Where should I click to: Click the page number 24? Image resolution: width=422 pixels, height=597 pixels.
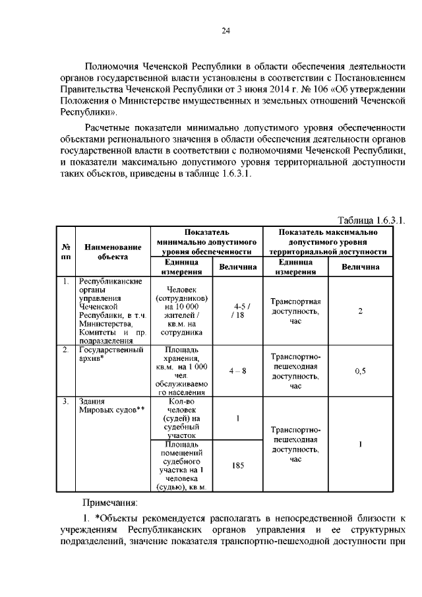pyautogui.click(x=225, y=31)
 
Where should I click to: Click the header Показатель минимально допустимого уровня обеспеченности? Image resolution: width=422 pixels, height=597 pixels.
pyautogui.click(x=206, y=242)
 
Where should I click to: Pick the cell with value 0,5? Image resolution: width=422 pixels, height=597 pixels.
pyautogui.click(x=360, y=371)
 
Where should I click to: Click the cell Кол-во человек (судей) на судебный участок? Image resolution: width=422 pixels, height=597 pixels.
pyautogui.click(x=182, y=418)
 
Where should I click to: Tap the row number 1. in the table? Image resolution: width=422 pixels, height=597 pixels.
pyautogui.click(x=65, y=282)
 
